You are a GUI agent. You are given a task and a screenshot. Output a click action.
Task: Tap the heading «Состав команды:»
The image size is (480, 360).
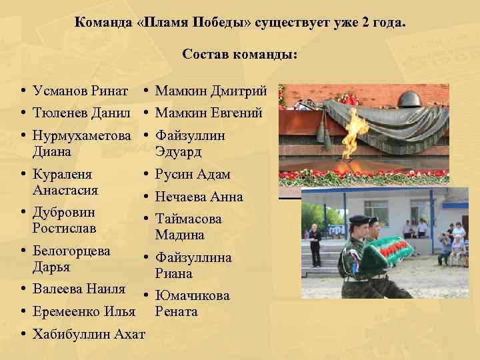click(240, 55)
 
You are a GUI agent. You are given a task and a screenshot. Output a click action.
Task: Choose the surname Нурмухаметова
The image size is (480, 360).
click(81, 136)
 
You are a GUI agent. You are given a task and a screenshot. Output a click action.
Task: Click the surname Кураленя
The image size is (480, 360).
click(62, 174)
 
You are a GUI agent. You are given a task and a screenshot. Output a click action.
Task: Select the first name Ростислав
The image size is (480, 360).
click(64, 228)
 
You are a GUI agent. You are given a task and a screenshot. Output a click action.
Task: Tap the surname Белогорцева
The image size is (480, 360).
click(71, 251)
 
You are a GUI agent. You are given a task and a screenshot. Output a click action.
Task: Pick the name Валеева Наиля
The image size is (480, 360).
click(79, 289)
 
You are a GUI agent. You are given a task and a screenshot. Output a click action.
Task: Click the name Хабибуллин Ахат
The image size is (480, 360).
click(88, 333)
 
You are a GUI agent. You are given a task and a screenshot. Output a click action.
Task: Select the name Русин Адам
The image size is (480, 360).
click(193, 175)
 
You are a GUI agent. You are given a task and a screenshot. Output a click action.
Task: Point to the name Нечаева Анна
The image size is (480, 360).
click(199, 197)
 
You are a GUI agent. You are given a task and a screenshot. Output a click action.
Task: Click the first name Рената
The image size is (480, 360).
click(177, 311)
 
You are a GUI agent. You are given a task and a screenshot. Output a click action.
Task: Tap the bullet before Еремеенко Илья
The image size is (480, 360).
click(23, 311)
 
